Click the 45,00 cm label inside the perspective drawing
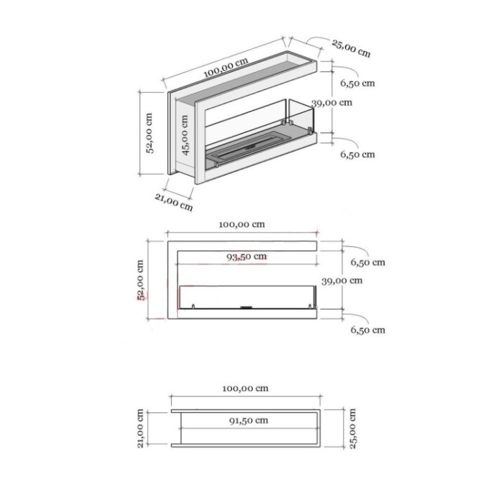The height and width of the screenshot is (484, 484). tap(186, 134)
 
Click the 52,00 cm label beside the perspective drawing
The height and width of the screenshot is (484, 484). tap(150, 132)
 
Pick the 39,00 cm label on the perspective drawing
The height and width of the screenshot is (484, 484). tap(332, 103)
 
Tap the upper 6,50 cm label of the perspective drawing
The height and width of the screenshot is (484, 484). tap(357, 84)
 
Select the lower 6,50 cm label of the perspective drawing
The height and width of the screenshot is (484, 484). tap(357, 154)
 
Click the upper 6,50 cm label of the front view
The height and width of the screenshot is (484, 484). tap(368, 263)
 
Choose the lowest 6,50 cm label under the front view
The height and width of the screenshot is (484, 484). tap(368, 330)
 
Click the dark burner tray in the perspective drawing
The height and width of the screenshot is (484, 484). tap(247, 149)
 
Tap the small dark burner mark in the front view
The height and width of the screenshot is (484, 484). tap(246, 308)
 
